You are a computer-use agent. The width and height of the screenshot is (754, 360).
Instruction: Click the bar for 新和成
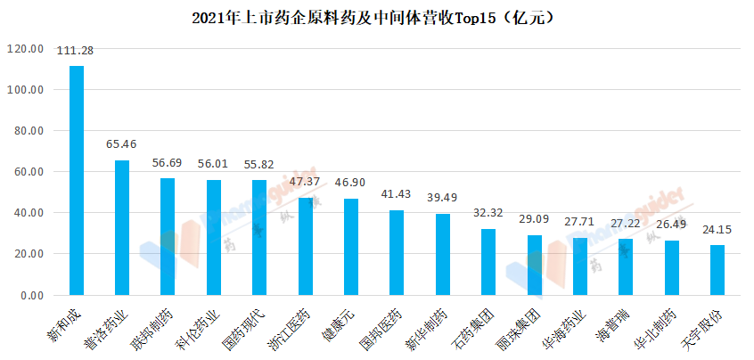point(77,180)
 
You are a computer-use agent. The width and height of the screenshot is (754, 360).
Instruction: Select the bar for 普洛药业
point(122,227)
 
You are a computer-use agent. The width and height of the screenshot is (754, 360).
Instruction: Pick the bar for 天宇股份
point(717,270)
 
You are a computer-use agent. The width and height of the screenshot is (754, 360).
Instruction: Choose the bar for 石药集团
point(488,262)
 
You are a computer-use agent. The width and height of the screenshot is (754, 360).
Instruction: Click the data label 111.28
point(76,51)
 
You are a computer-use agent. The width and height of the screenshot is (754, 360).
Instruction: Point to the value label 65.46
point(122,143)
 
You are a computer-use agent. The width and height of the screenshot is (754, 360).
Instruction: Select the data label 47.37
point(306,181)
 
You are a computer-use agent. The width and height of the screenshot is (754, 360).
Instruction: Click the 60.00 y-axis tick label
point(27,172)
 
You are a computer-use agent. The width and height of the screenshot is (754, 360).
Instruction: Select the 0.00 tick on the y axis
point(30,296)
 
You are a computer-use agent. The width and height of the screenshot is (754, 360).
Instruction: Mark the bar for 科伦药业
point(214,237)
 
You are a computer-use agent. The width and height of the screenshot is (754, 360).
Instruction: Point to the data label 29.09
point(534,218)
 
